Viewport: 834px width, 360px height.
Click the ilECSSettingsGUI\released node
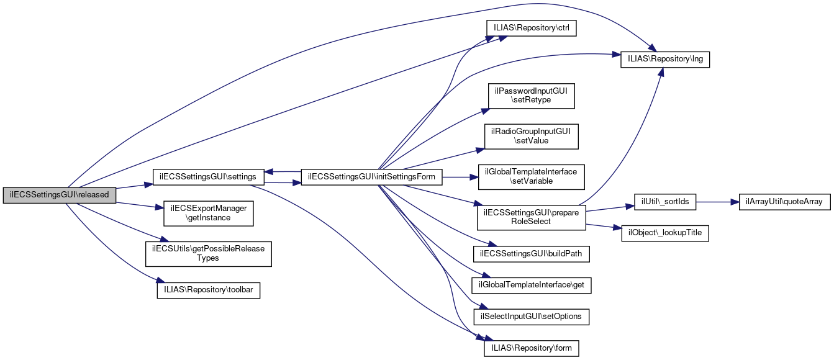point(60,194)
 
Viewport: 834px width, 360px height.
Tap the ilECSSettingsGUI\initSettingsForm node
point(371,177)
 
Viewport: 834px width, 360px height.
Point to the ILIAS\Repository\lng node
point(665,60)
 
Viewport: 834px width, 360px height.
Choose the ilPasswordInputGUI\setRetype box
point(532,96)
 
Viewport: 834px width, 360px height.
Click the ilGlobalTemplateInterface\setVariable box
point(532,177)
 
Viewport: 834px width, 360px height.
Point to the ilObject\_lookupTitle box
point(665,233)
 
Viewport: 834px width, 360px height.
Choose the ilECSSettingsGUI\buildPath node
point(532,254)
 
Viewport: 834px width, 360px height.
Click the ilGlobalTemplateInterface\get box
point(532,286)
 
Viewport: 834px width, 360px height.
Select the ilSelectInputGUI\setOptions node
point(532,317)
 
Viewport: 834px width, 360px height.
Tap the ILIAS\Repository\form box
point(532,348)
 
